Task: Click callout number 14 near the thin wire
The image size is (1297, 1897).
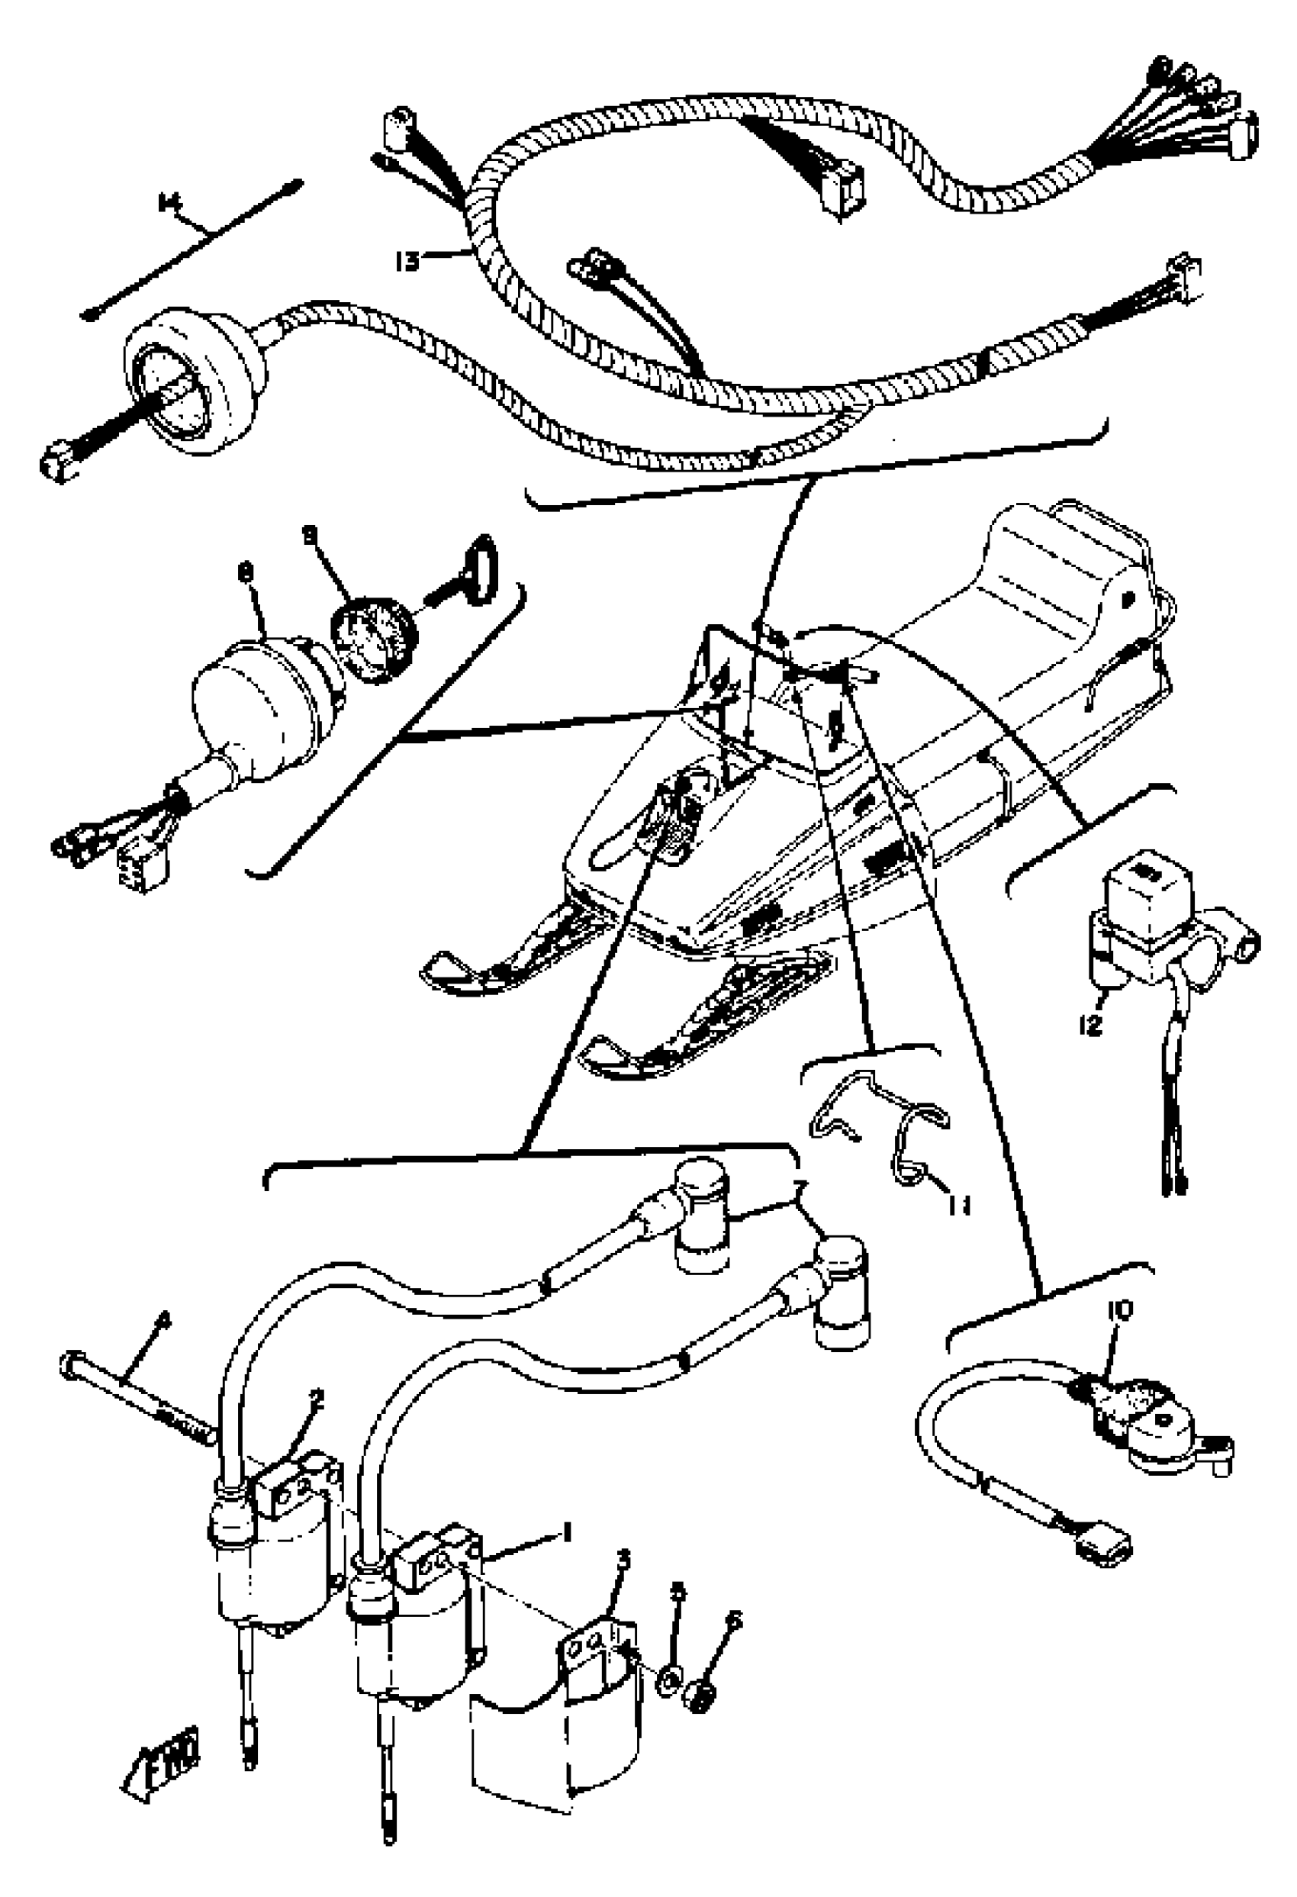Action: pos(168,201)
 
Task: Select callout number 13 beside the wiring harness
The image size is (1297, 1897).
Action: pos(406,261)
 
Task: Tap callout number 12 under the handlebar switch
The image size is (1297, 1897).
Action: pos(1090,1023)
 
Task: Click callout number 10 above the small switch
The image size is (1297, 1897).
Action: pos(1120,1312)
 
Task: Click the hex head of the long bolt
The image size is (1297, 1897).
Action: pos(70,1362)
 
